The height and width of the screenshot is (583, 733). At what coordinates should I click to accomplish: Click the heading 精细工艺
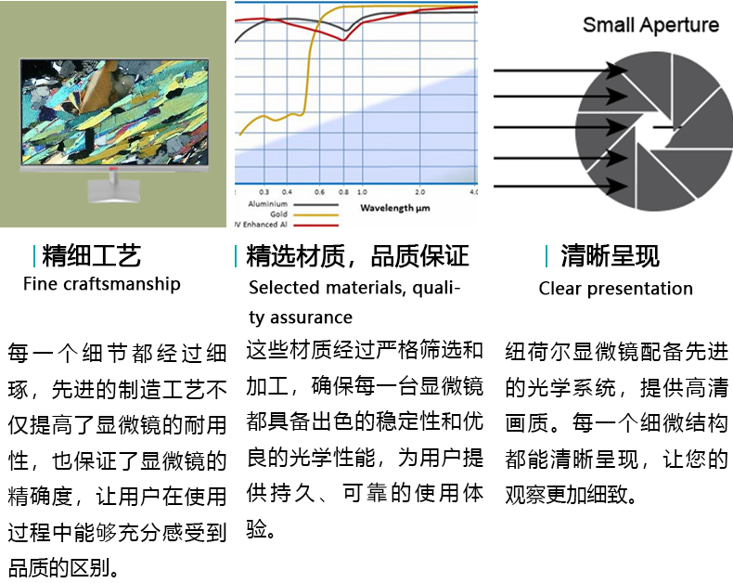pos(91,255)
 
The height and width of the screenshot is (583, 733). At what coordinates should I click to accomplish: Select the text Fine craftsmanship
pos(102,284)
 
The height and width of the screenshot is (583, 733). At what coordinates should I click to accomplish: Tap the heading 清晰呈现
pos(610,255)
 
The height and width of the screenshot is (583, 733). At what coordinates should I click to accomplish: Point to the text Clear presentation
pos(616,288)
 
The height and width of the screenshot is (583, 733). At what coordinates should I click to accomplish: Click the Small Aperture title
pos(650,25)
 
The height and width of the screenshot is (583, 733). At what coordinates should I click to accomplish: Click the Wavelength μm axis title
pos(395,208)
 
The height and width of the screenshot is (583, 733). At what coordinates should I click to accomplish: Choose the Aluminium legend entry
pos(293,204)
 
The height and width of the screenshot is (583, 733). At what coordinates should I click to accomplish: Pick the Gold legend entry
pos(303,214)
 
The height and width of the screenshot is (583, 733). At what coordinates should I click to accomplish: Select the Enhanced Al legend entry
pos(286,225)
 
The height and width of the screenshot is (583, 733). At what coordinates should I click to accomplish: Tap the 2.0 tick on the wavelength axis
pos(419,192)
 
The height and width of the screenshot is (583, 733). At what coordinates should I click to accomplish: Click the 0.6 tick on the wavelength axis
pos(319,192)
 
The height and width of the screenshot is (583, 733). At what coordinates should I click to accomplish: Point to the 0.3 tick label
pos(264,192)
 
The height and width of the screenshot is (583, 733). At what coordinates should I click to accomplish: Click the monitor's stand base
pos(113,192)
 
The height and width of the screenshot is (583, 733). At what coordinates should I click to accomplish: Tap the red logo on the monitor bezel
pos(112,168)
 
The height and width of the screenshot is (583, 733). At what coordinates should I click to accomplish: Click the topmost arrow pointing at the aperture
pos(560,71)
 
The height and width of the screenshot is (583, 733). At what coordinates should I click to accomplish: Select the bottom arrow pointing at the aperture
pos(560,187)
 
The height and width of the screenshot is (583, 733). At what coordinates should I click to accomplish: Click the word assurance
pos(311,317)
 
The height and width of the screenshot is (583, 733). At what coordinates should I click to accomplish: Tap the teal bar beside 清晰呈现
pos(546,256)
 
